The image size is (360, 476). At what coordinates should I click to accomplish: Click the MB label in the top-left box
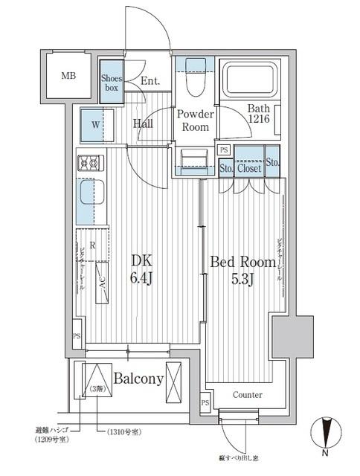pos(68,76)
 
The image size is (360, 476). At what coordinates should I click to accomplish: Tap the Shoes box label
pos(111,82)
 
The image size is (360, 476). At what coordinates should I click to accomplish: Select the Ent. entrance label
pos(150,81)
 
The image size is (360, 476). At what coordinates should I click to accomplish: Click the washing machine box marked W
pos(96,123)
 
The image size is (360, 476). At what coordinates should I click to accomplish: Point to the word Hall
pos(143,123)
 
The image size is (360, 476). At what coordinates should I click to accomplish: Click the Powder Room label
pos(195,120)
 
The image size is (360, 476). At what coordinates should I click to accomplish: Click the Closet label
pos(249,168)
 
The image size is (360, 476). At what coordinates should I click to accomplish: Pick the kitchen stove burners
pos(91,161)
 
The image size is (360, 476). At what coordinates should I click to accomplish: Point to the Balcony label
pos(138,379)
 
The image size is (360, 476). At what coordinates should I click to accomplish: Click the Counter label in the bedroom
pos(247,394)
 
